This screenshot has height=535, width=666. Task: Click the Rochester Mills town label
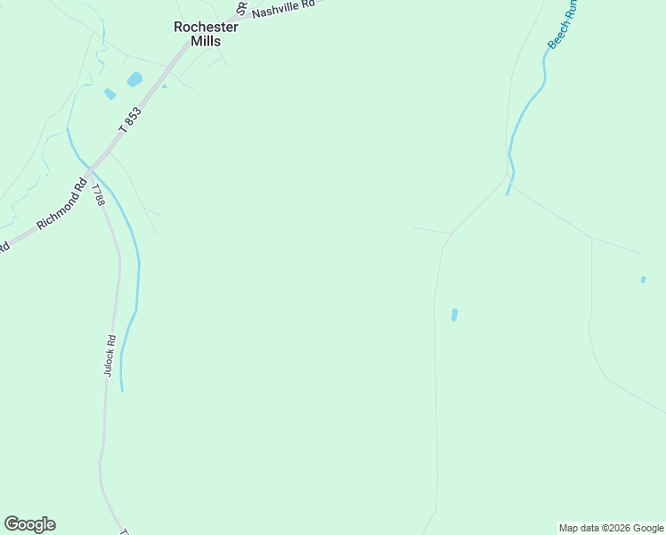(x=206, y=33)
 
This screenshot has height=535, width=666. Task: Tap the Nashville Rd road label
(x=284, y=9)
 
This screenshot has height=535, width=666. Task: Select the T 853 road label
(x=130, y=120)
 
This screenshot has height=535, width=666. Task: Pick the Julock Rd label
(x=110, y=355)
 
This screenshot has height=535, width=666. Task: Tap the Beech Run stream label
(x=563, y=24)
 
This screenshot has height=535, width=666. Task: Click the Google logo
(x=29, y=524)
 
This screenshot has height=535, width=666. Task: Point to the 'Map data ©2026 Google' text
(x=611, y=528)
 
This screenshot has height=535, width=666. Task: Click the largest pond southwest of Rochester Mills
(x=134, y=79)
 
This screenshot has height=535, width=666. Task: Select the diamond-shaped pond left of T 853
(x=110, y=94)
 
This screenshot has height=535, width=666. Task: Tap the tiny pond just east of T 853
(x=164, y=86)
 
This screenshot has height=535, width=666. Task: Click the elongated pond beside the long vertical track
(x=454, y=315)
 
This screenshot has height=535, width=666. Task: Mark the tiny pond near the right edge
(x=643, y=280)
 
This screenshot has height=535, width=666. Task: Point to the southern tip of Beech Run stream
(x=508, y=193)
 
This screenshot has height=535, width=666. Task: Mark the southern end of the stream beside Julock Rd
(x=122, y=390)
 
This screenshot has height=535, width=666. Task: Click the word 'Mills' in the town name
(x=206, y=41)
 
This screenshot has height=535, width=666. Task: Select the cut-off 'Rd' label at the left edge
(x=4, y=246)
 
